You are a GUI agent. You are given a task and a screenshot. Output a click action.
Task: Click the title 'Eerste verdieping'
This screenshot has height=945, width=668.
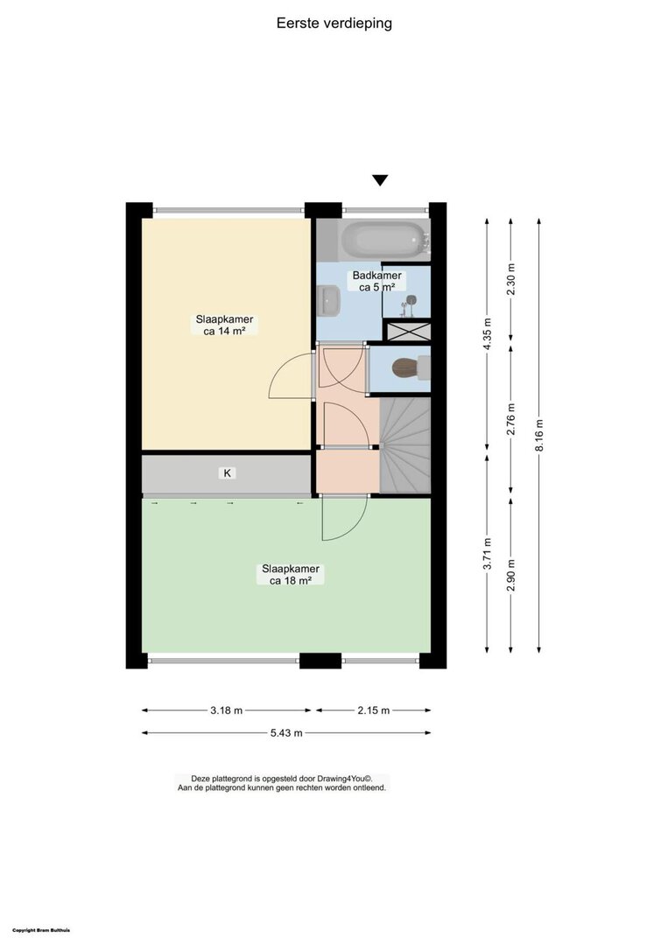pos(334,24)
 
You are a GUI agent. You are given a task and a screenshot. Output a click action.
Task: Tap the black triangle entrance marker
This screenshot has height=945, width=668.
pos(380,180)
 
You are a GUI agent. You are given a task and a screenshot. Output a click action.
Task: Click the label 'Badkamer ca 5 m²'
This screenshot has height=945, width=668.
pos(376,282)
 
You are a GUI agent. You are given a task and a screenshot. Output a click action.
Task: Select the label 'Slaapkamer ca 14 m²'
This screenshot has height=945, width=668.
pos(224,325)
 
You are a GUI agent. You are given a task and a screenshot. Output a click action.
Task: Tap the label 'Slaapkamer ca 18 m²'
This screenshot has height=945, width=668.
pos(291,574)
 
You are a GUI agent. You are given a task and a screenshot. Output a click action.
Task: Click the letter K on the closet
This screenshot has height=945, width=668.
pos(228,473)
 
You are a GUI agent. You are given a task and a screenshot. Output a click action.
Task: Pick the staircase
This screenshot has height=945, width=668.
pos(405,445)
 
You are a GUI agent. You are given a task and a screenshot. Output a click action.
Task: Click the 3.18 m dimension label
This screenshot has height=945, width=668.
pos(226,710)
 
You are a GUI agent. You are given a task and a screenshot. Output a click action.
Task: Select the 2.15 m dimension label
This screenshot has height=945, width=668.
pos(374,710)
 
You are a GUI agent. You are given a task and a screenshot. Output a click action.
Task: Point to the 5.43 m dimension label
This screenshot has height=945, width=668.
pos(286,733)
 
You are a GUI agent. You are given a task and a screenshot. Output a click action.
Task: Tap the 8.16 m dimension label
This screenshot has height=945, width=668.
pos(539,435)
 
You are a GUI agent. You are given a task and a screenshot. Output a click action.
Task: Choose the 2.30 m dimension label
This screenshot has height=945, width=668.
pos(511,280)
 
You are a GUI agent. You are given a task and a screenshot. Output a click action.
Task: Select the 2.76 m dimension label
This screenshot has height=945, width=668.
pos(511,419)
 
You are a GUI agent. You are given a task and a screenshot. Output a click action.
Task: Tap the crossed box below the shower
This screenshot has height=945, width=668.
pos(408,332)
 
